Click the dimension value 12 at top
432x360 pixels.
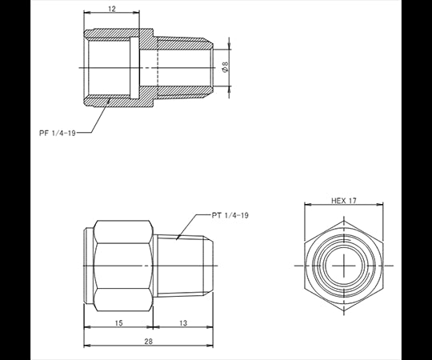pyautogui.click(x=111, y=9)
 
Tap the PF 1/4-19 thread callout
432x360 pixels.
pyautogui.click(x=61, y=133)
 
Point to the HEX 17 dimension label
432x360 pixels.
pyautogui.click(x=343, y=201)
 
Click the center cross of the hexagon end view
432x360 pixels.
pyautogui.click(x=343, y=265)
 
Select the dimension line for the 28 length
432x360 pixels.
pyautogui.click(x=120, y=346)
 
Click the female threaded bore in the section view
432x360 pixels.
pyautogui.click(x=112, y=68)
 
